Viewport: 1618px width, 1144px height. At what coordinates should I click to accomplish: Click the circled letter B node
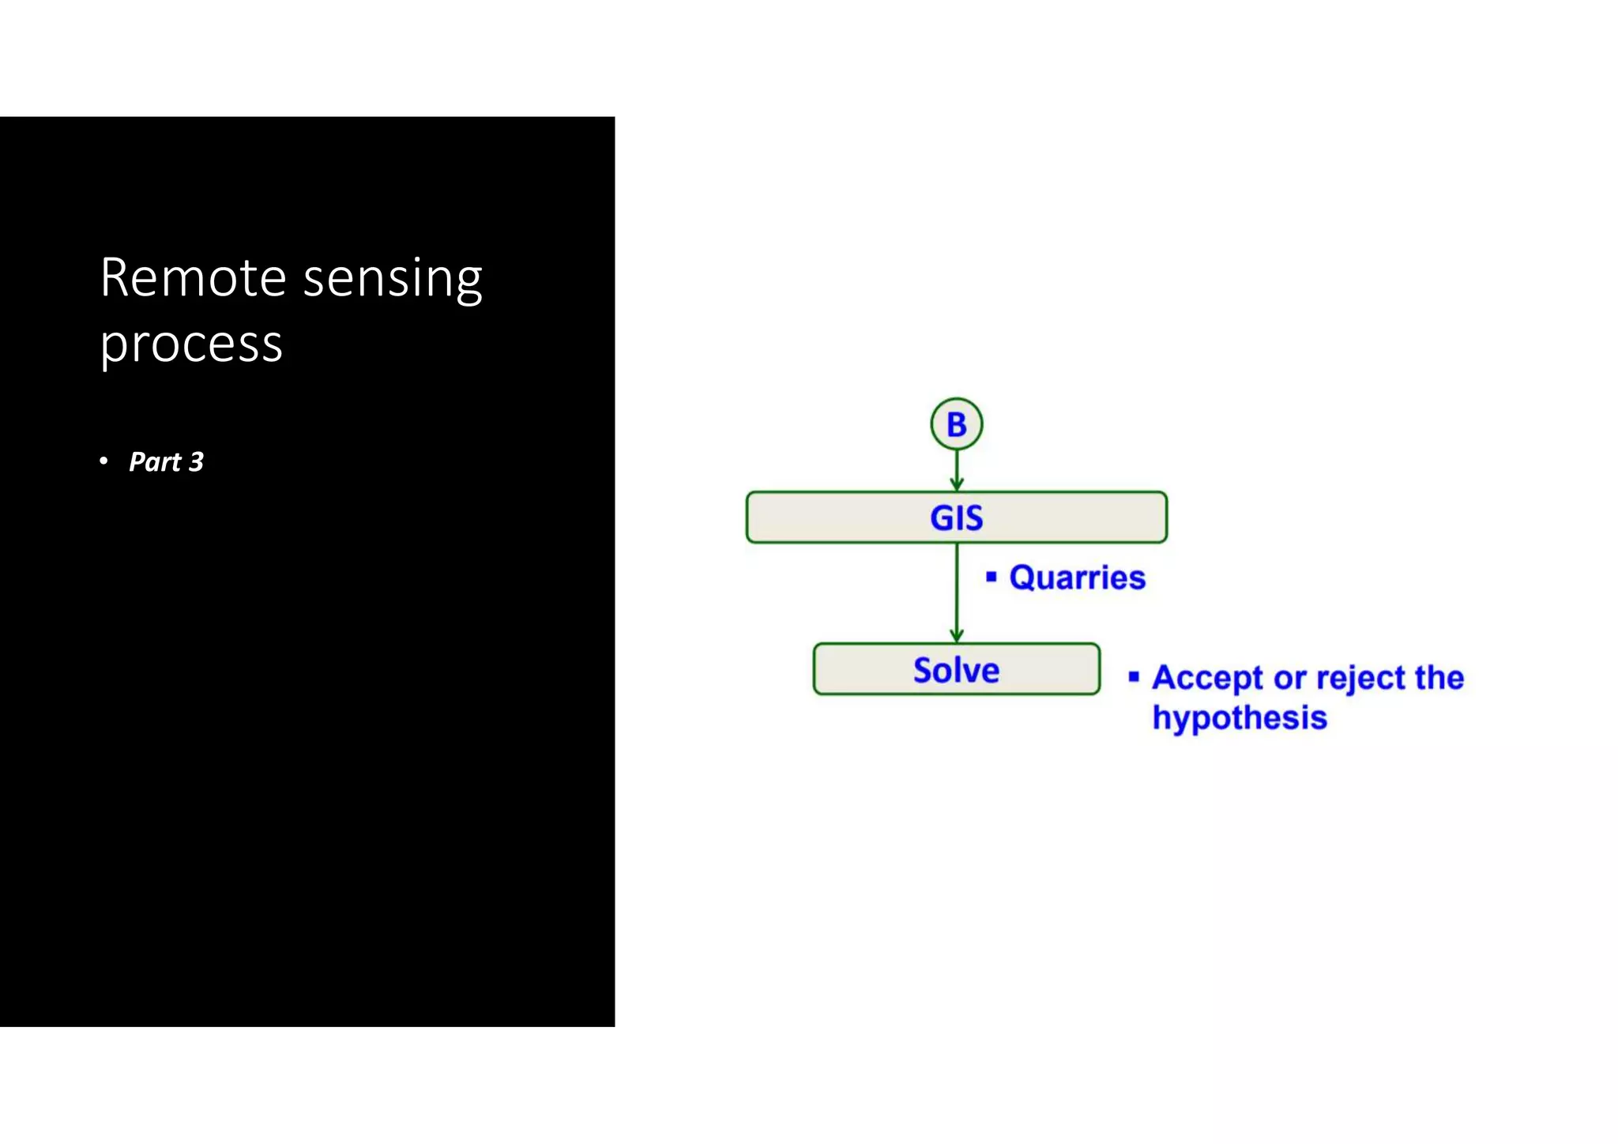pos(956,424)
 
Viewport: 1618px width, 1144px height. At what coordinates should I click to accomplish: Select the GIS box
pos(956,517)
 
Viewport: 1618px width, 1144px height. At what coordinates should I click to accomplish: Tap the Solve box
pos(956,670)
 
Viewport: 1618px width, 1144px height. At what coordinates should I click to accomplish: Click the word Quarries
pos(1077,578)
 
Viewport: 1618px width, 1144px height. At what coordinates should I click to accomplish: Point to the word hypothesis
pos(1239,717)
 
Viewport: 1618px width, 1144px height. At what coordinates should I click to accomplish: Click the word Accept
pos(1207,678)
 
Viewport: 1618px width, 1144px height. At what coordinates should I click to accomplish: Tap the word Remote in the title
pos(193,278)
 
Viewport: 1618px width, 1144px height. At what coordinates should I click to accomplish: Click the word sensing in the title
pos(393,280)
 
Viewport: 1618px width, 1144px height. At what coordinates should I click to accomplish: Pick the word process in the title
pos(191,344)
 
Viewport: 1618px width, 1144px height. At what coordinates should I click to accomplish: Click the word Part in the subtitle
pos(155,461)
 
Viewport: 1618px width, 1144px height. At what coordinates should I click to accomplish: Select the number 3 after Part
pos(196,461)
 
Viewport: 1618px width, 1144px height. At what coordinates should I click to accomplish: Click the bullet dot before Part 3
pos(103,461)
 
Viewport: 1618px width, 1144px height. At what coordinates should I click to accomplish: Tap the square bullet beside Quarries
pos(991,577)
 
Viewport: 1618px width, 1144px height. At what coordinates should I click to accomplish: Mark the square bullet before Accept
pos(1134,676)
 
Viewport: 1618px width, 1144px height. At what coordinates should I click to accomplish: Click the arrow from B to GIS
pos(956,470)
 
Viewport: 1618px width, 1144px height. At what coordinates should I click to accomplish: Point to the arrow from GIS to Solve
pos(956,593)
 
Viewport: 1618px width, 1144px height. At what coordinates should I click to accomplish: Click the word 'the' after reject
pos(1439,678)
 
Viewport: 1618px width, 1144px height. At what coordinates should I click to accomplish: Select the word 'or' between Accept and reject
pos(1289,679)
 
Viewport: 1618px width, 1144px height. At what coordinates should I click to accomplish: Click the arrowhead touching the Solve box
pos(956,636)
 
